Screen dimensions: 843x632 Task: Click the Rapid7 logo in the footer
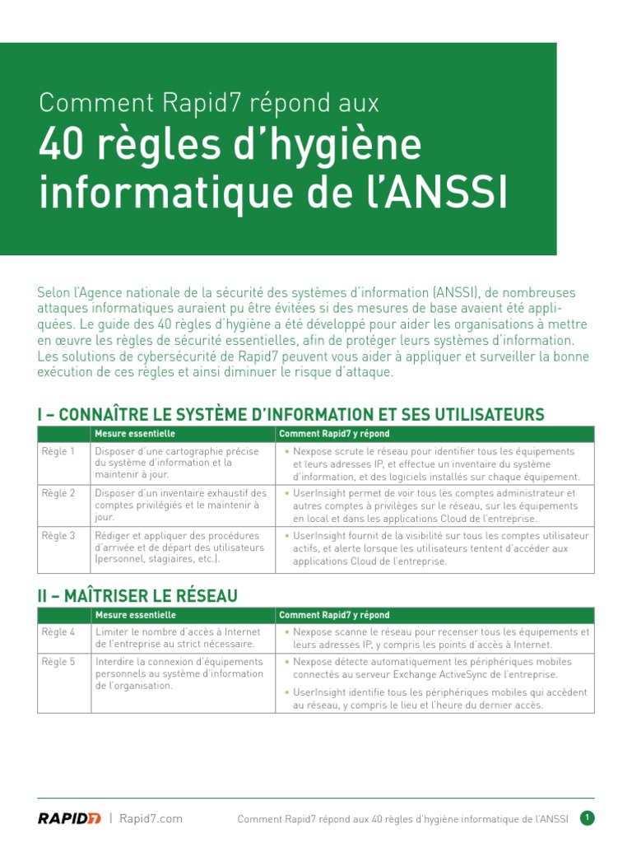click(69, 818)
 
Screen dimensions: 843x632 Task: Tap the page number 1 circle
click(587, 818)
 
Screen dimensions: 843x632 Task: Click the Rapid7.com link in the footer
click(151, 818)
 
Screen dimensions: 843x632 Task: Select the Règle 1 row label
click(58, 452)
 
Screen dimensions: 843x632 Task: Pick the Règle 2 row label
click(58, 493)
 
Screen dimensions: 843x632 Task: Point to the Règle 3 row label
click(58, 536)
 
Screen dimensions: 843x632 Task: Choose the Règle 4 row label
click(58, 632)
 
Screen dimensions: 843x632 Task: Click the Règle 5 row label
click(58, 662)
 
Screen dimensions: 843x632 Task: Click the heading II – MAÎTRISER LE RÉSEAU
click(137, 595)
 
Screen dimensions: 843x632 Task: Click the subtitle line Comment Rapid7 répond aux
click(209, 103)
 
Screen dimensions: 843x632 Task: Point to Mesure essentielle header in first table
click(135, 434)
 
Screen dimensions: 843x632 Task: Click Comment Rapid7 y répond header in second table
click(334, 615)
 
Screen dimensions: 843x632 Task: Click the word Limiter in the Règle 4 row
click(111, 632)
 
